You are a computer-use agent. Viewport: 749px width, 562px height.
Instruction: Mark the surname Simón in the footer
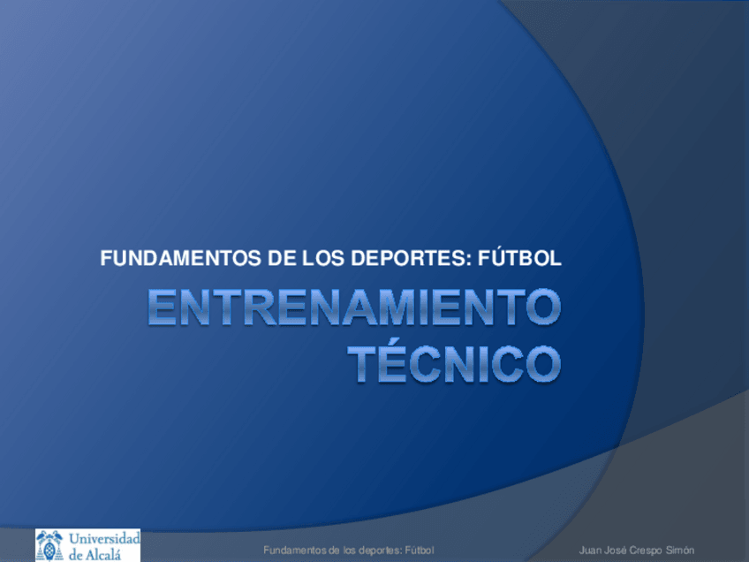681,551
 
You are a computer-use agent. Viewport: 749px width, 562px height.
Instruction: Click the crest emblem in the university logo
49,545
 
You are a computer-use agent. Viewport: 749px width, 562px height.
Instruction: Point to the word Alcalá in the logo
112,553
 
